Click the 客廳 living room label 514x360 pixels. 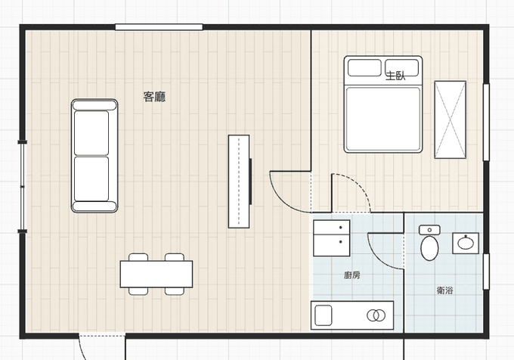pos(154,97)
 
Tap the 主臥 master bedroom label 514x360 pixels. pos(395,76)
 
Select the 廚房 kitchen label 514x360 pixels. pos(352,275)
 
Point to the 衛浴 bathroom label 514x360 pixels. pos(444,290)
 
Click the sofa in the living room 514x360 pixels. pos(94,156)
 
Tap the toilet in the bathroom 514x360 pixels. pos(429,243)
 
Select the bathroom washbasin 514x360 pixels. pos(466,244)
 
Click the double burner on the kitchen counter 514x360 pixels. pos(376,315)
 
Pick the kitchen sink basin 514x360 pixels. pos(324,315)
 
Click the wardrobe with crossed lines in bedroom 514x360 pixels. pos(450,119)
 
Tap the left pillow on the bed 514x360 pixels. pos(364,67)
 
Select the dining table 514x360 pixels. pos(156,274)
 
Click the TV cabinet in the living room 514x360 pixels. pos(239,182)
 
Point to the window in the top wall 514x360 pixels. pos(159,27)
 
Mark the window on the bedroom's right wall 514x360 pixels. pos(486,123)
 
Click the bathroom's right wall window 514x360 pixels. pos(486,272)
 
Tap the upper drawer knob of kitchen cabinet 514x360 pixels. pos(341,227)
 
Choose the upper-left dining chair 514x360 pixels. pos(138,257)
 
